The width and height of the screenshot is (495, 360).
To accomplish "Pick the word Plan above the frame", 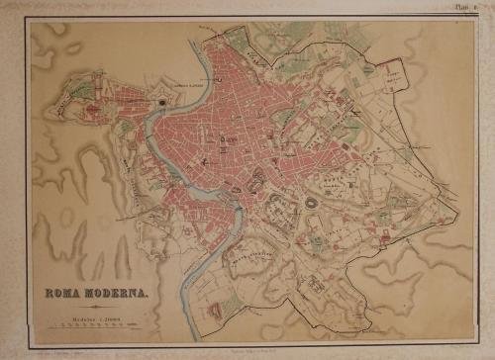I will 463,7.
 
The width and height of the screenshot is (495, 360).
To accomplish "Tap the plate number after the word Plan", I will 478,7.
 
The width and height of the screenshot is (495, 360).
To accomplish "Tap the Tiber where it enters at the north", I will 211,49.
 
